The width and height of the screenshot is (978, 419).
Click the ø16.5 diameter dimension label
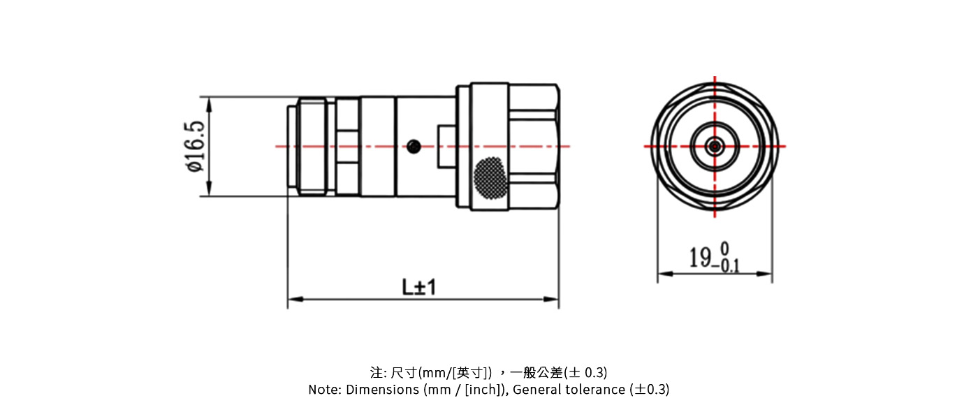pos(194,147)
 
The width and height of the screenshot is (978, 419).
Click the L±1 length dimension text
pos(418,287)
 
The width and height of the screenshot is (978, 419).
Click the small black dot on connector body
pos(414,146)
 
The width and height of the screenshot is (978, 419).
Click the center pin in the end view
pos(715,146)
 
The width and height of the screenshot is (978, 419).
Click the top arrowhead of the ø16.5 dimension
pos(209,102)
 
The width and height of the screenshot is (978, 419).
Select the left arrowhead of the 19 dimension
pos(664,273)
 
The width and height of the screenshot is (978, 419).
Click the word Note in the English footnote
pos(323,390)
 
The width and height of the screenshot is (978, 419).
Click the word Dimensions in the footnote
pos(383,390)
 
